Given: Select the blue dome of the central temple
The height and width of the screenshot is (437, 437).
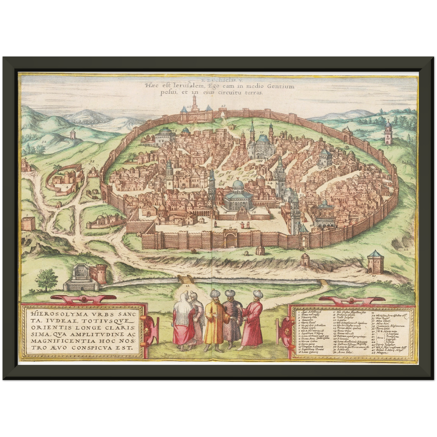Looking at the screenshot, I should (x=238, y=185).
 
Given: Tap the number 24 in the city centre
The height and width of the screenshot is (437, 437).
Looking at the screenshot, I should (x=269, y=183).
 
